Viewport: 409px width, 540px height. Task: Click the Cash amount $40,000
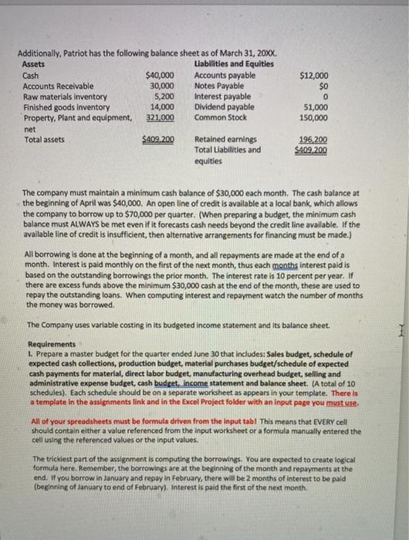(x=160, y=76)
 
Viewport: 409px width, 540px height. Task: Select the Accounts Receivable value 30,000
(x=161, y=86)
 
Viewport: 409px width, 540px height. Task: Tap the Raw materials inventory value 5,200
(x=164, y=97)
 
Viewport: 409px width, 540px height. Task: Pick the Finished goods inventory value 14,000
(x=161, y=107)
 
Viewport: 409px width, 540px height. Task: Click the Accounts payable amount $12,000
(x=313, y=76)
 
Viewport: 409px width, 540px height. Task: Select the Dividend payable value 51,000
(x=315, y=107)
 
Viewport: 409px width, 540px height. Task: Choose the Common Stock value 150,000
(x=313, y=118)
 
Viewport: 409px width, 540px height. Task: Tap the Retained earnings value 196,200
(x=313, y=140)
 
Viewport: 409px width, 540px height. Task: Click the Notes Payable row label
(x=216, y=86)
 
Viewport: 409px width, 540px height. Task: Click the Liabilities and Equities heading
(x=230, y=65)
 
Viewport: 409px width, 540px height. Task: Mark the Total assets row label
(x=43, y=140)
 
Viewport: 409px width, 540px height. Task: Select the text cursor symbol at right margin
(x=394, y=327)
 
